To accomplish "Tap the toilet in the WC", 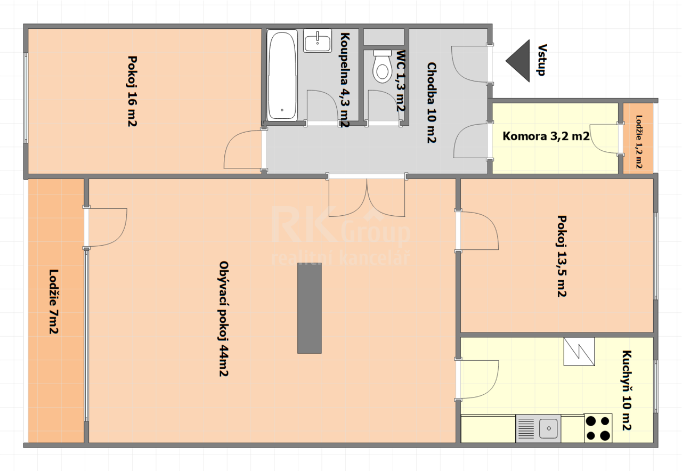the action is (x=382, y=67).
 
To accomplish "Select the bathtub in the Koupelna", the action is (x=282, y=75).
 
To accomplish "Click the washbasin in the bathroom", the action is (x=318, y=41).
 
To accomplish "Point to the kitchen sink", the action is (x=538, y=428).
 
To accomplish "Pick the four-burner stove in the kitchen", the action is (x=598, y=428).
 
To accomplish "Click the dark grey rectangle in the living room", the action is (x=310, y=308).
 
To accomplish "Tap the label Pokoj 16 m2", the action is (x=132, y=91).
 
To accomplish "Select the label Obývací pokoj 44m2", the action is (x=224, y=319).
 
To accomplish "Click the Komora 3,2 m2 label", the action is (x=546, y=136).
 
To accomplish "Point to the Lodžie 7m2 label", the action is (x=54, y=302).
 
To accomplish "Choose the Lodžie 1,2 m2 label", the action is (x=639, y=142).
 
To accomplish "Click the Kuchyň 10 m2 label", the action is (x=627, y=391).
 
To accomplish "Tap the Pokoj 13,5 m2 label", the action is (x=562, y=256).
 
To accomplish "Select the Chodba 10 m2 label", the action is (x=432, y=103).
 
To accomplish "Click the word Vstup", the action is (x=542, y=60).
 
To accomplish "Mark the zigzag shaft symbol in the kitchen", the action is (x=579, y=351).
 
